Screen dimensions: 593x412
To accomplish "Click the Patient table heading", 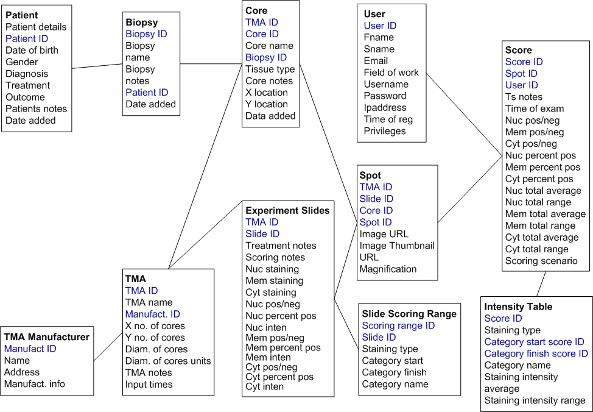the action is tap(21, 15).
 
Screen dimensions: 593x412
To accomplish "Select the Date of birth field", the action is tap(32, 50).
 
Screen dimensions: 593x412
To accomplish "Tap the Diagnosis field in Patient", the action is tap(27, 74).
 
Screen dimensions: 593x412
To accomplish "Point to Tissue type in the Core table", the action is tap(270, 69).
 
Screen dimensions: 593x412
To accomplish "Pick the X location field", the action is tap(267, 93).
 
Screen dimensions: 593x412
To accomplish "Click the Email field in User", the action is tap(376, 60).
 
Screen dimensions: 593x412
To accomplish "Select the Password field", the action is tap(385, 96).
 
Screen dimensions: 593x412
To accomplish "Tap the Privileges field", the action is tap(385, 131).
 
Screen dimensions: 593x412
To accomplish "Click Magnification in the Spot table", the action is tap(388, 269).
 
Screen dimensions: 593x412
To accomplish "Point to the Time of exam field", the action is tap(535, 108).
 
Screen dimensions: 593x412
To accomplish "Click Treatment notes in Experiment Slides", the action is tap(281, 246).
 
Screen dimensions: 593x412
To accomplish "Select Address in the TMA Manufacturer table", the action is tap(21, 372).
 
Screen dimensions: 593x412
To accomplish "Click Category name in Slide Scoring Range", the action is tap(395, 384).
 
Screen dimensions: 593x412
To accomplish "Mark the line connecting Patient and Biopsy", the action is tap(97, 66).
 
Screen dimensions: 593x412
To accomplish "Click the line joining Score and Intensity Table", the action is tap(542, 283).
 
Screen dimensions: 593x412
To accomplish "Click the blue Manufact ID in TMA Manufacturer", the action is tap(30, 349).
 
